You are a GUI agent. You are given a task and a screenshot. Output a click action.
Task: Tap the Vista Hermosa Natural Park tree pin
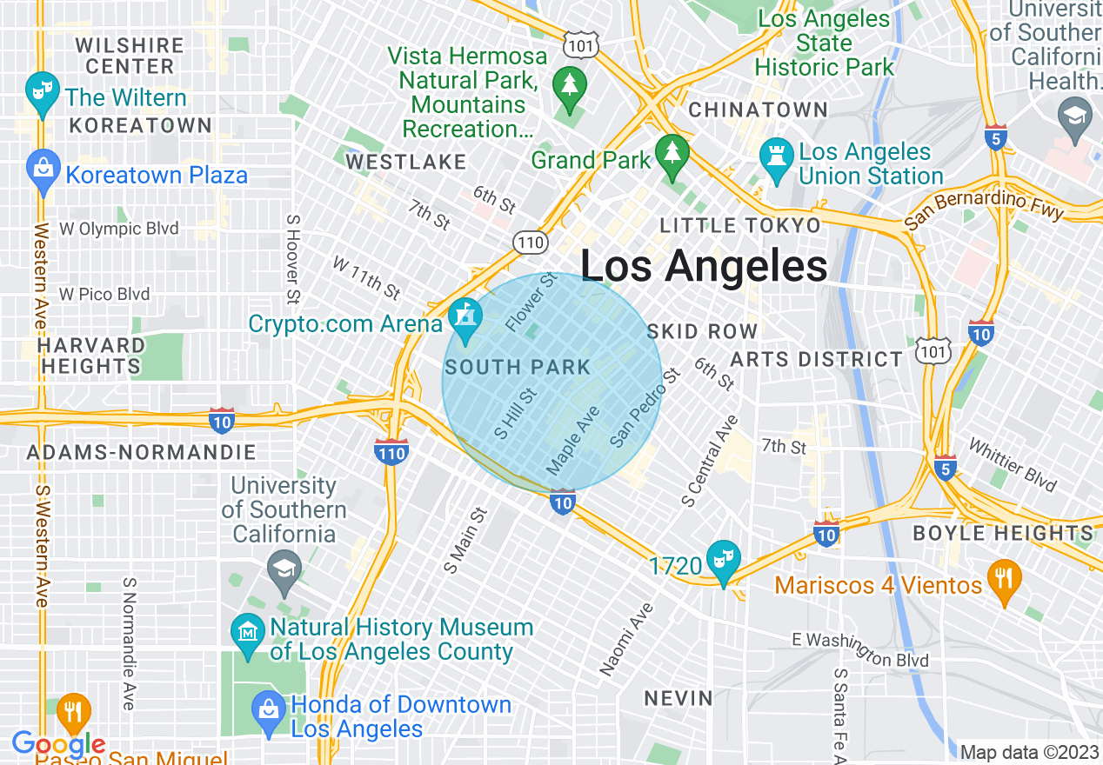click(x=570, y=87)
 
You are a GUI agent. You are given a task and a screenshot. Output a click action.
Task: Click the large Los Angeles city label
click(x=704, y=266)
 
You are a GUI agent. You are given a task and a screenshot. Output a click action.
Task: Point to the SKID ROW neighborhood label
click(x=703, y=331)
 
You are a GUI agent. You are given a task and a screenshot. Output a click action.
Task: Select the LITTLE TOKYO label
click(x=740, y=226)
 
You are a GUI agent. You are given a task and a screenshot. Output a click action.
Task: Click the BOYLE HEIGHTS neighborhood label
click(x=1003, y=533)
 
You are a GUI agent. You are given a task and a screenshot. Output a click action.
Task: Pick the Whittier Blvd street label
click(x=1012, y=466)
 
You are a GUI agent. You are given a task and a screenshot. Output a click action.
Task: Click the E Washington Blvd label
click(x=859, y=649)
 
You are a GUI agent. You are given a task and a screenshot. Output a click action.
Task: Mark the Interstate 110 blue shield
click(x=391, y=451)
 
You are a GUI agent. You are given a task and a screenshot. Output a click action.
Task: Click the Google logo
click(x=58, y=744)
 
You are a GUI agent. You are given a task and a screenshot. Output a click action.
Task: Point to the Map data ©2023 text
click(x=1029, y=752)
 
